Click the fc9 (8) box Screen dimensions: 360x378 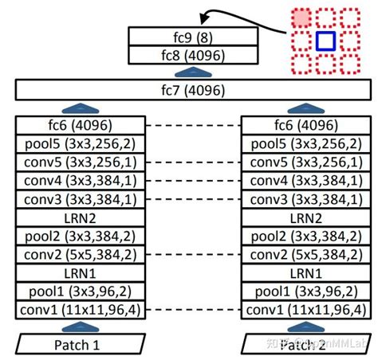point(183,36)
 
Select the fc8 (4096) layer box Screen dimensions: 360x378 point(183,54)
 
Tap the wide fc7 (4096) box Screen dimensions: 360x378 point(189,90)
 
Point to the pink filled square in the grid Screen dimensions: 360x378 point(300,16)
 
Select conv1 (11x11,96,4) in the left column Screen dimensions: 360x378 point(80,309)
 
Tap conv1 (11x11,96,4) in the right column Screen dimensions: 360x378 point(306,309)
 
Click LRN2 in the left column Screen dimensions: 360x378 point(80,217)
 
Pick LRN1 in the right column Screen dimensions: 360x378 point(306,272)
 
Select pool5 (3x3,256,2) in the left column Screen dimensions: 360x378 point(80,143)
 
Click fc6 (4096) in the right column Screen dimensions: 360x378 point(306,125)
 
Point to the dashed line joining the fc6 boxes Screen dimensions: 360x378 point(193,125)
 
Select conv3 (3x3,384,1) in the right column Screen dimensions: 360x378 point(306,198)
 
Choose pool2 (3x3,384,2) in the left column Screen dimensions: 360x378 point(80,236)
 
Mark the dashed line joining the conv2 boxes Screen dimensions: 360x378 point(193,254)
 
